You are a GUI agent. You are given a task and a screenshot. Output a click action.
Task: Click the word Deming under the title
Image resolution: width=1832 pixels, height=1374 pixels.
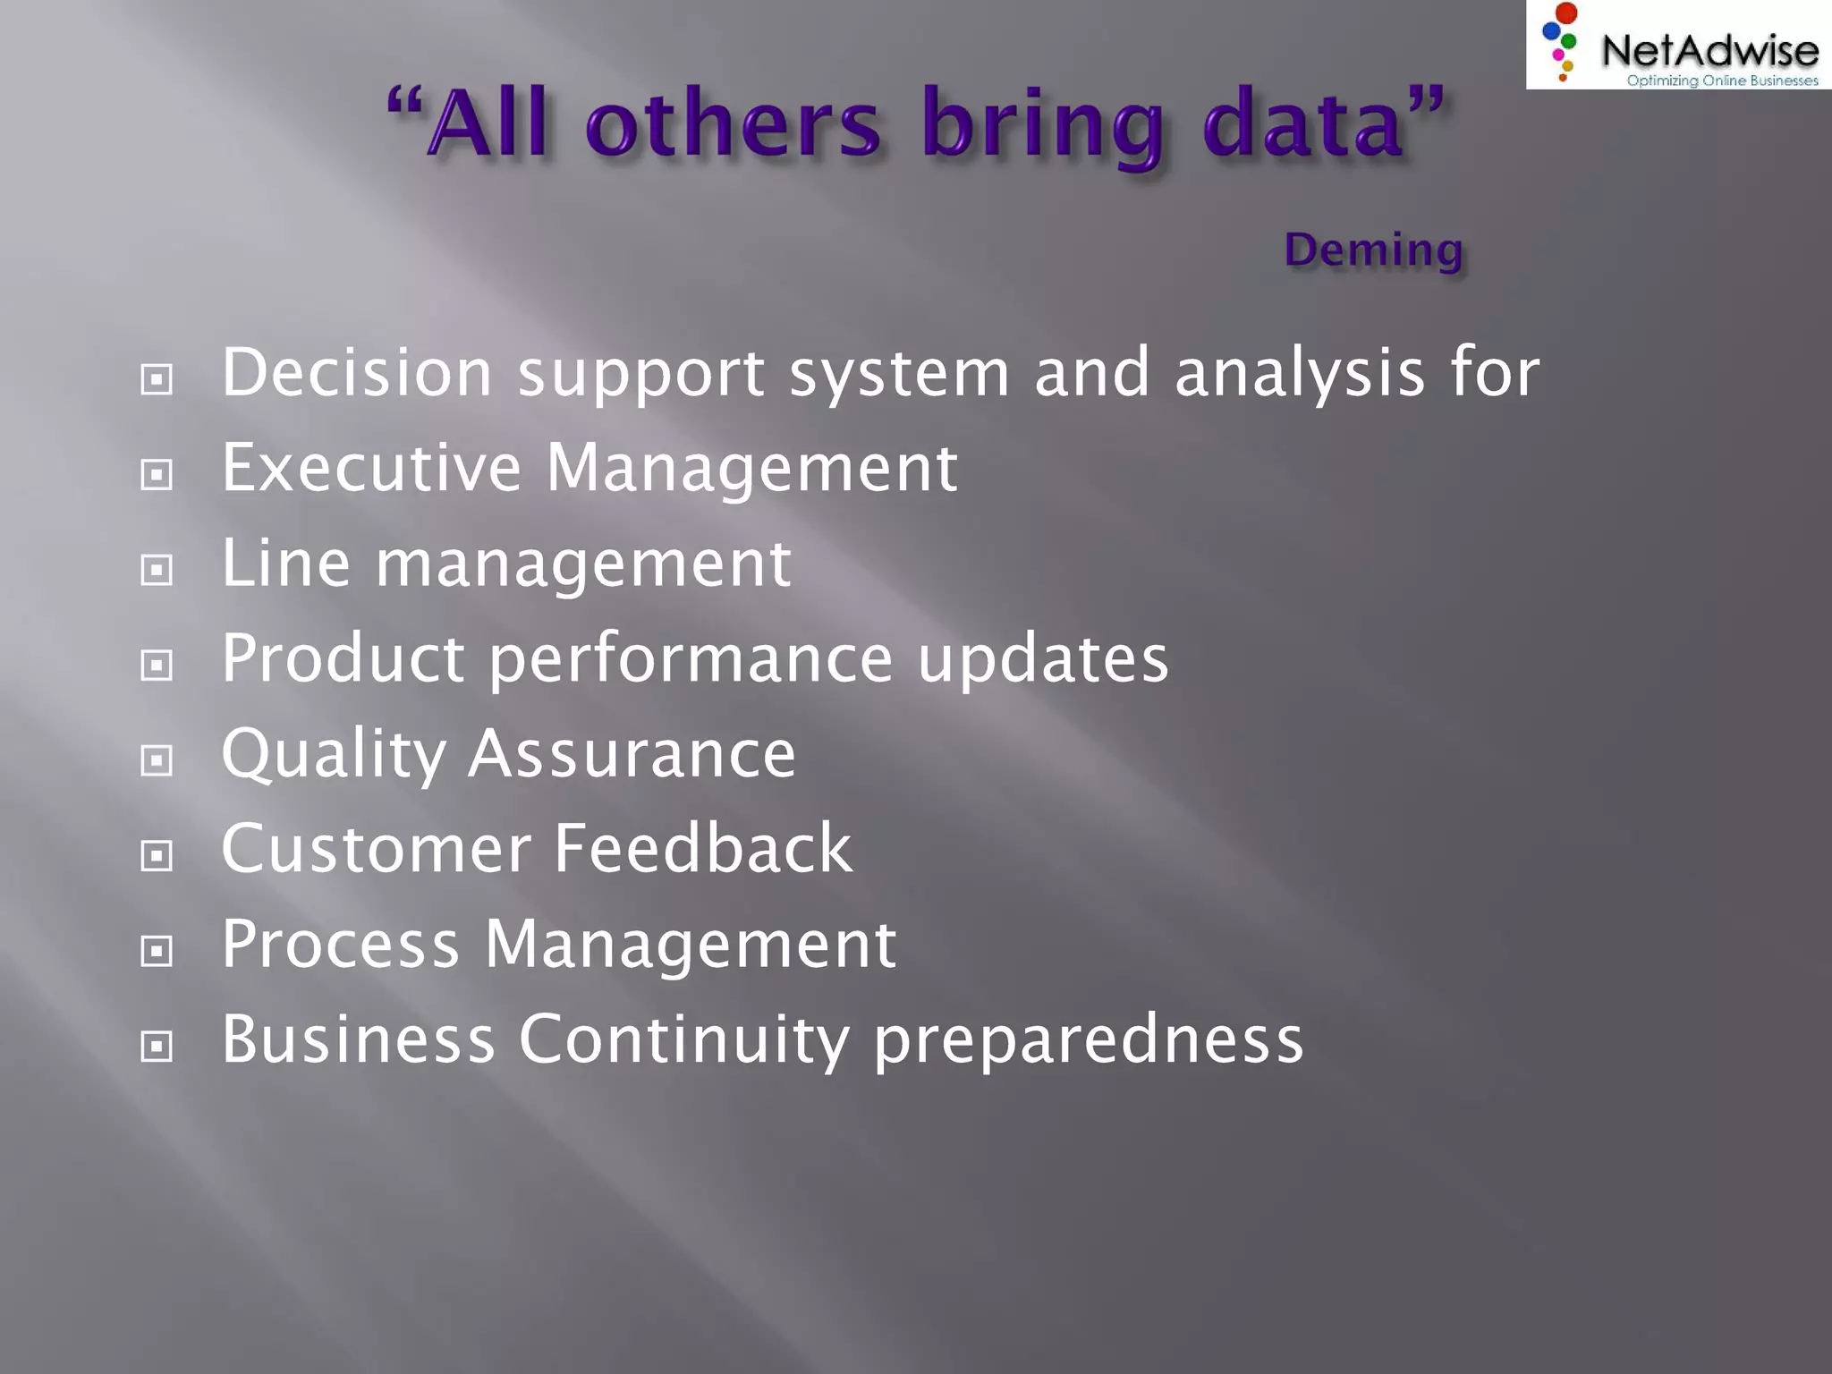coord(1373,250)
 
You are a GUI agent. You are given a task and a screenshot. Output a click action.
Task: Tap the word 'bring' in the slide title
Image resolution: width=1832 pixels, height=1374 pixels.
coord(1042,125)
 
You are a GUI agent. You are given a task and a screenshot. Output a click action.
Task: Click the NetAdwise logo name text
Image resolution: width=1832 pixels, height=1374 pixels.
coord(1709,49)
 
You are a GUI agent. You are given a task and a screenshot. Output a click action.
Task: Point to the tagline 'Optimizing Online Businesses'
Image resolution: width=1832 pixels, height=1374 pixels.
coord(1722,81)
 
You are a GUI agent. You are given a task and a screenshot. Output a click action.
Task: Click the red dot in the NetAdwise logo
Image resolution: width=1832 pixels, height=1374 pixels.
coord(1566,13)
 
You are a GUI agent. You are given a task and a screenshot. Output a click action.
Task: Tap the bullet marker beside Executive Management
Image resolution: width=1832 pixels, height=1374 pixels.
coord(157,474)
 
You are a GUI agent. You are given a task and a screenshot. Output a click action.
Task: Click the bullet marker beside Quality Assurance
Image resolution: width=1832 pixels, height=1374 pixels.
coord(157,760)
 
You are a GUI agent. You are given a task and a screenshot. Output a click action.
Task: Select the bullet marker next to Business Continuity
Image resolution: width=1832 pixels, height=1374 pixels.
coord(157,1046)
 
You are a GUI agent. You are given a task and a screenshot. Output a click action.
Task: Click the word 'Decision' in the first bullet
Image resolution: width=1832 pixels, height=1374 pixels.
coord(357,372)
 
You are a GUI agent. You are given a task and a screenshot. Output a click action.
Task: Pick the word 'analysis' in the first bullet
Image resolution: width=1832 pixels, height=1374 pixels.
coord(1299,374)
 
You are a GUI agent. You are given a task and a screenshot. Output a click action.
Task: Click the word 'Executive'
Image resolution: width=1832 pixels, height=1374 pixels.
coord(371,468)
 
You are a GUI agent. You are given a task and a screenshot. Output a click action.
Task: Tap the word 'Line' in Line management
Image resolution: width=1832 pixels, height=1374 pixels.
coord(285,564)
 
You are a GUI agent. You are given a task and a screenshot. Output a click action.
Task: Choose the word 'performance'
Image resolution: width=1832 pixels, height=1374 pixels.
coord(691,660)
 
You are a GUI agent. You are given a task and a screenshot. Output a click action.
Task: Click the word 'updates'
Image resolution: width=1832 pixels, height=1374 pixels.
coord(1043,659)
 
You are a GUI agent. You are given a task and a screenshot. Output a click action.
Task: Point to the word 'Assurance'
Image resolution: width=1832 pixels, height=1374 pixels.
coord(632,754)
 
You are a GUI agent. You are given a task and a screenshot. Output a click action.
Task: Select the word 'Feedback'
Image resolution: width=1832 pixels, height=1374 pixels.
coord(703,849)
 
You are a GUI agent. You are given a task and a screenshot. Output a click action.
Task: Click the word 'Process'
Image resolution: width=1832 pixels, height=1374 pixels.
coord(340,945)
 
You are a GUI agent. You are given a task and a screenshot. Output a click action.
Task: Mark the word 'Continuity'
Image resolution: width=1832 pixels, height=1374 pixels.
coord(684,1040)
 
